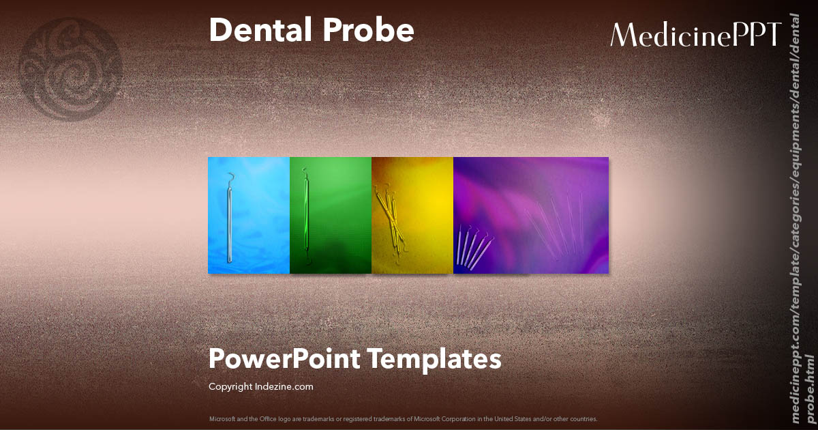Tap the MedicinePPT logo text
click(x=695, y=34)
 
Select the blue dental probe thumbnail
click(x=249, y=215)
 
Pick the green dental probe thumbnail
click(x=331, y=215)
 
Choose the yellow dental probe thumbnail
click(x=412, y=215)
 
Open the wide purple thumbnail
click(x=531, y=215)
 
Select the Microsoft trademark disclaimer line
click(x=403, y=418)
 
